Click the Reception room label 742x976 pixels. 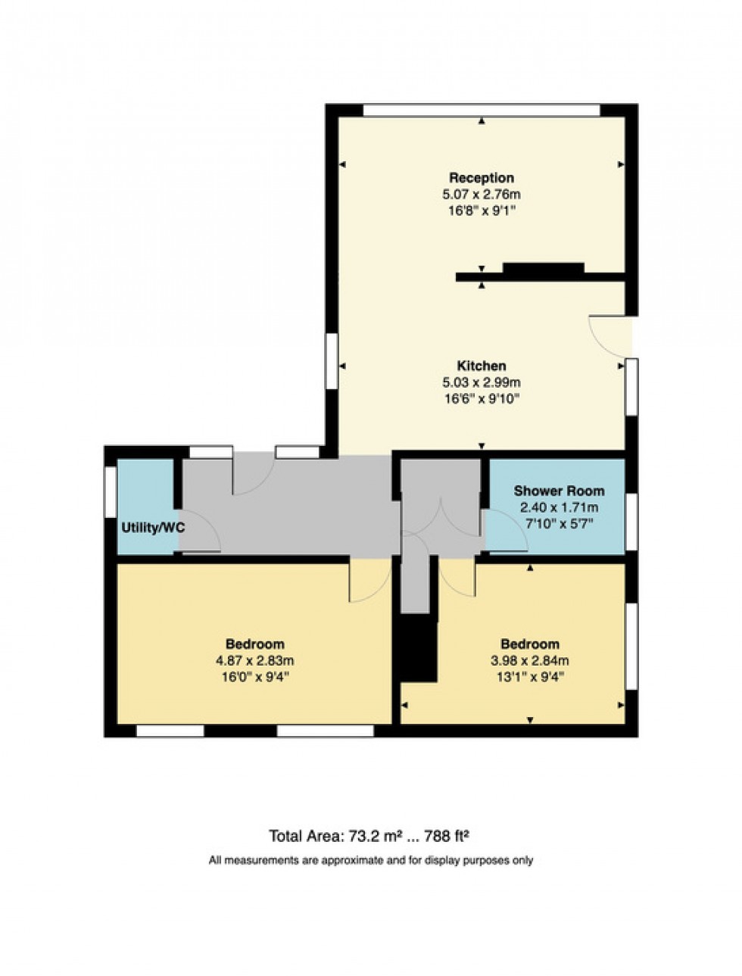pyautogui.click(x=482, y=178)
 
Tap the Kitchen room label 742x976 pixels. pyautogui.click(x=482, y=366)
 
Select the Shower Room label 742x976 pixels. pyautogui.click(x=559, y=491)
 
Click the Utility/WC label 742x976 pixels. pyautogui.click(x=153, y=528)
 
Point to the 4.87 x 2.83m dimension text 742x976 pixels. pyautogui.click(x=254, y=660)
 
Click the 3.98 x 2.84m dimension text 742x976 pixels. pyautogui.click(x=529, y=660)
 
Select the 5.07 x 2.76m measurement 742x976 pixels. pyautogui.click(x=482, y=195)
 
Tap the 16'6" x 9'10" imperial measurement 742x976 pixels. pyautogui.click(x=482, y=398)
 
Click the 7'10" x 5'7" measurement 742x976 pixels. pyautogui.click(x=559, y=523)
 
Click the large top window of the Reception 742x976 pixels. pyautogui.click(x=482, y=110)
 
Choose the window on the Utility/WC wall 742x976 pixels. pyautogui.click(x=111, y=493)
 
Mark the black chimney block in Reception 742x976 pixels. pyautogui.click(x=543, y=267)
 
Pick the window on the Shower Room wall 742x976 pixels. pyautogui.click(x=631, y=522)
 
